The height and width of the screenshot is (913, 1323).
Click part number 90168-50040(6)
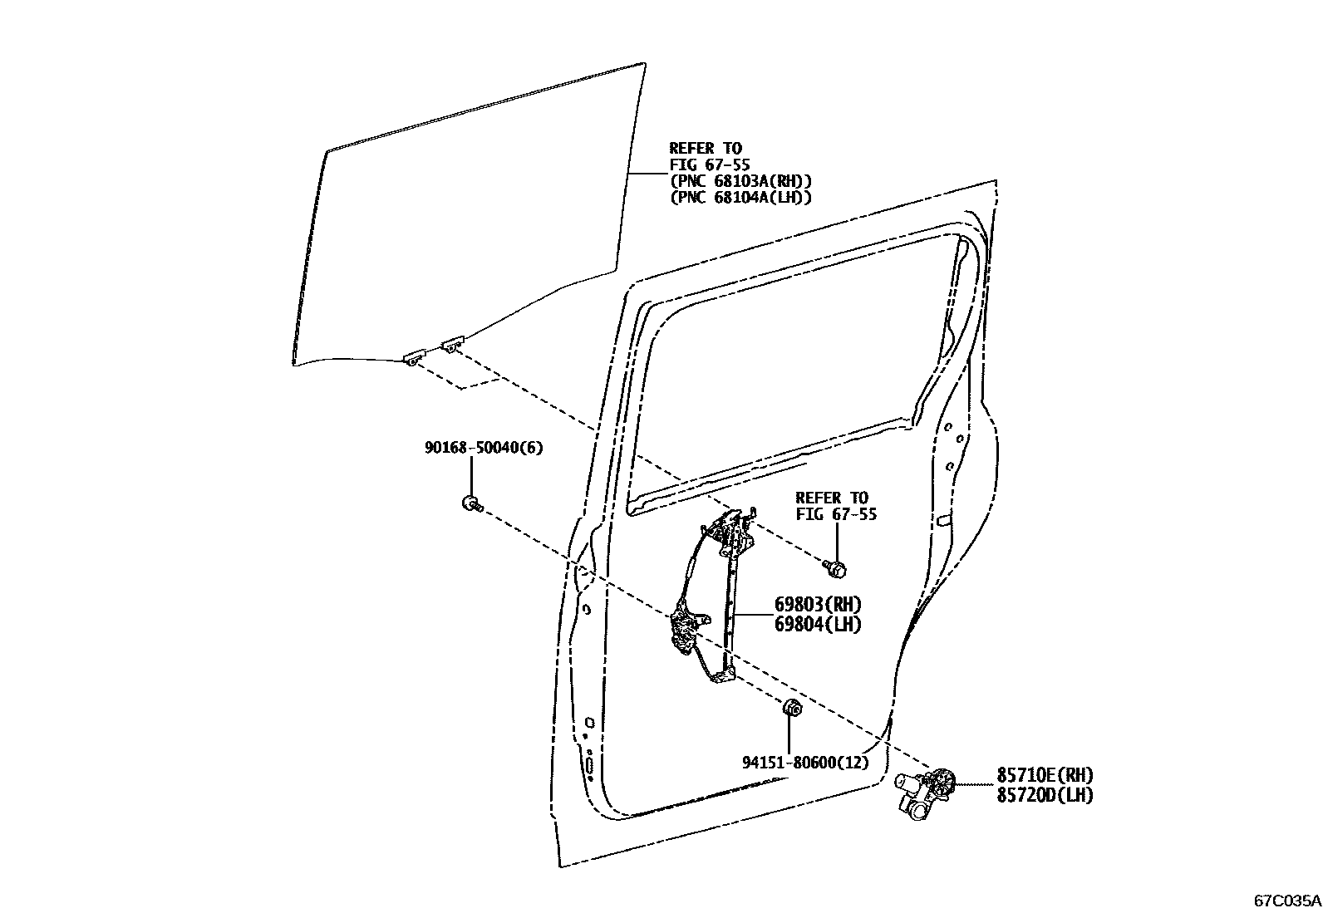483,448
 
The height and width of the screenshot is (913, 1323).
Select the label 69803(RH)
818,604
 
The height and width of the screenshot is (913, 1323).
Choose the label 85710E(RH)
1045,775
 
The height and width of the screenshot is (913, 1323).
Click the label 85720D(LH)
1045,795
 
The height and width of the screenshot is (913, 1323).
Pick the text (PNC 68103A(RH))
740,181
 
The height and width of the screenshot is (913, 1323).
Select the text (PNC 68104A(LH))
740,198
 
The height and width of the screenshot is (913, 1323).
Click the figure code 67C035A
1287,900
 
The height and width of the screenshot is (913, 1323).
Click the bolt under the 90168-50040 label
470,503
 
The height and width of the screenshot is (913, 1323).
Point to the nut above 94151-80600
792,709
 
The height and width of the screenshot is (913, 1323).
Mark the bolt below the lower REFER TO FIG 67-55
837,569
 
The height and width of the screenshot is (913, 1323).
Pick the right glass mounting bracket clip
451,341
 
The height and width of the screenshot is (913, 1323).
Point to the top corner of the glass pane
643,64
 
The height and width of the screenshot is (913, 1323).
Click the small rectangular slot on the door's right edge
943,521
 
